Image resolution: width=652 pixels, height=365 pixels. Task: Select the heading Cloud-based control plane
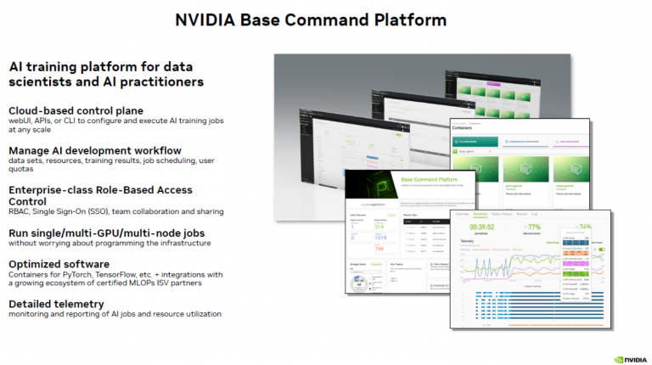coord(76,110)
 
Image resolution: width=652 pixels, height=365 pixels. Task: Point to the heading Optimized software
coord(59,264)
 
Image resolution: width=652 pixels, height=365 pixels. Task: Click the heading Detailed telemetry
coord(56,304)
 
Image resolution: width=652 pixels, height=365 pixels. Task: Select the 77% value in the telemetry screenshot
coord(532,227)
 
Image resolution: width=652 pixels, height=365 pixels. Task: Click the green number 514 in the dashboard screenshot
coord(378,226)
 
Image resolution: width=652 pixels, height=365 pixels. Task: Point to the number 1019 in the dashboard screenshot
coord(379,239)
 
